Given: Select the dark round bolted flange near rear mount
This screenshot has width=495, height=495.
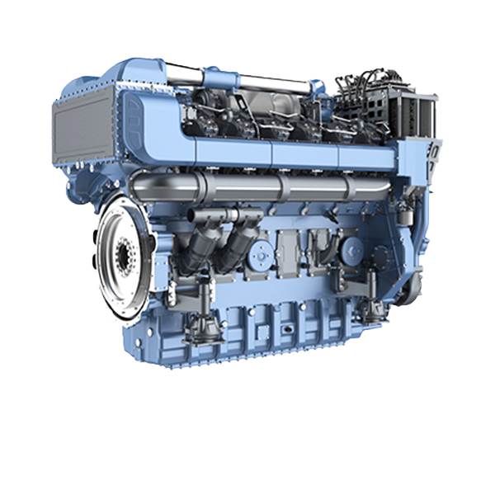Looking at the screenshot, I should tap(350, 247).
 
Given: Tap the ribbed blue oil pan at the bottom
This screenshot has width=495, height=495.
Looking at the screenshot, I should tap(272, 334).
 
